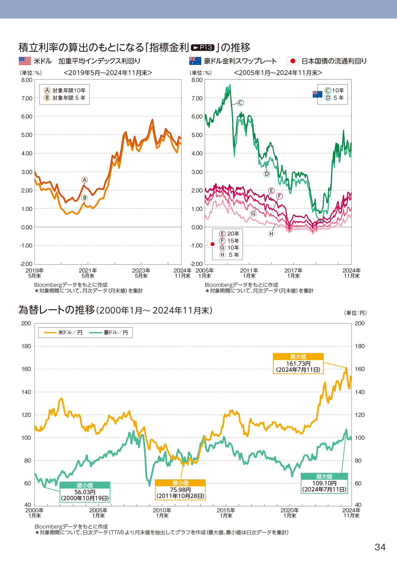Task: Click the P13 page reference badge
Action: [x=202, y=48]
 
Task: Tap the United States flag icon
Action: [x=25, y=61]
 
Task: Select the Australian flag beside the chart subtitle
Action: [x=195, y=61]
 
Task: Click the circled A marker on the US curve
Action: [x=84, y=180]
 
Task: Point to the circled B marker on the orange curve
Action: [x=84, y=198]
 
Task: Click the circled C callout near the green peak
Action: [x=240, y=103]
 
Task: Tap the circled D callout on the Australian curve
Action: [x=267, y=174]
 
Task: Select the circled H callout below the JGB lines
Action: [x=271, y=234]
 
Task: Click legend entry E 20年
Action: [x=229, y=234]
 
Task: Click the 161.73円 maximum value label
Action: [x=298, y=364]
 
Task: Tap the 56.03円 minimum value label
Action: [x=85, y=492]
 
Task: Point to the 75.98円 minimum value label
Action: [x=180, y=490]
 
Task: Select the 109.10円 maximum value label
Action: [x=324, y=483]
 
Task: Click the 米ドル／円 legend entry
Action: [x=63, y=332]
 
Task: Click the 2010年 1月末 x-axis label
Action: [x=162, y=513]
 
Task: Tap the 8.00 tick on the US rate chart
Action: [x=27, y=80]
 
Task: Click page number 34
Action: [x=380, y=547]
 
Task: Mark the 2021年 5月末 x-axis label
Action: [x=88, y=273]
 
